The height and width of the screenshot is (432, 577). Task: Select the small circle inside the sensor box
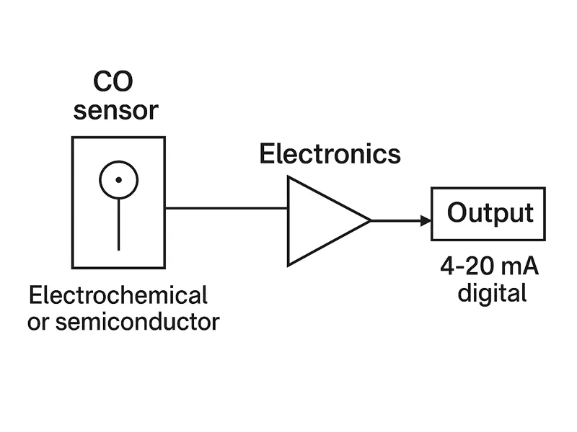118,179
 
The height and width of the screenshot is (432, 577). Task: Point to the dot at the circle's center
118,179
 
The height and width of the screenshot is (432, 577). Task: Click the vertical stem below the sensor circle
118,223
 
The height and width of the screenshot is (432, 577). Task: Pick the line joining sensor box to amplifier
226,208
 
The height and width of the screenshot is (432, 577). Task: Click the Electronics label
330,154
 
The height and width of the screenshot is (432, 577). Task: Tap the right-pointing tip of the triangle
369,221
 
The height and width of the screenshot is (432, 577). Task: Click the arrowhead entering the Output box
426,221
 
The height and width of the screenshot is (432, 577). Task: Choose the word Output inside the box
490,213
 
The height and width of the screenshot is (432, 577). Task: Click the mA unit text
521,268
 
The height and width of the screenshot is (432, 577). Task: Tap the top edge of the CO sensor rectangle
118,138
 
